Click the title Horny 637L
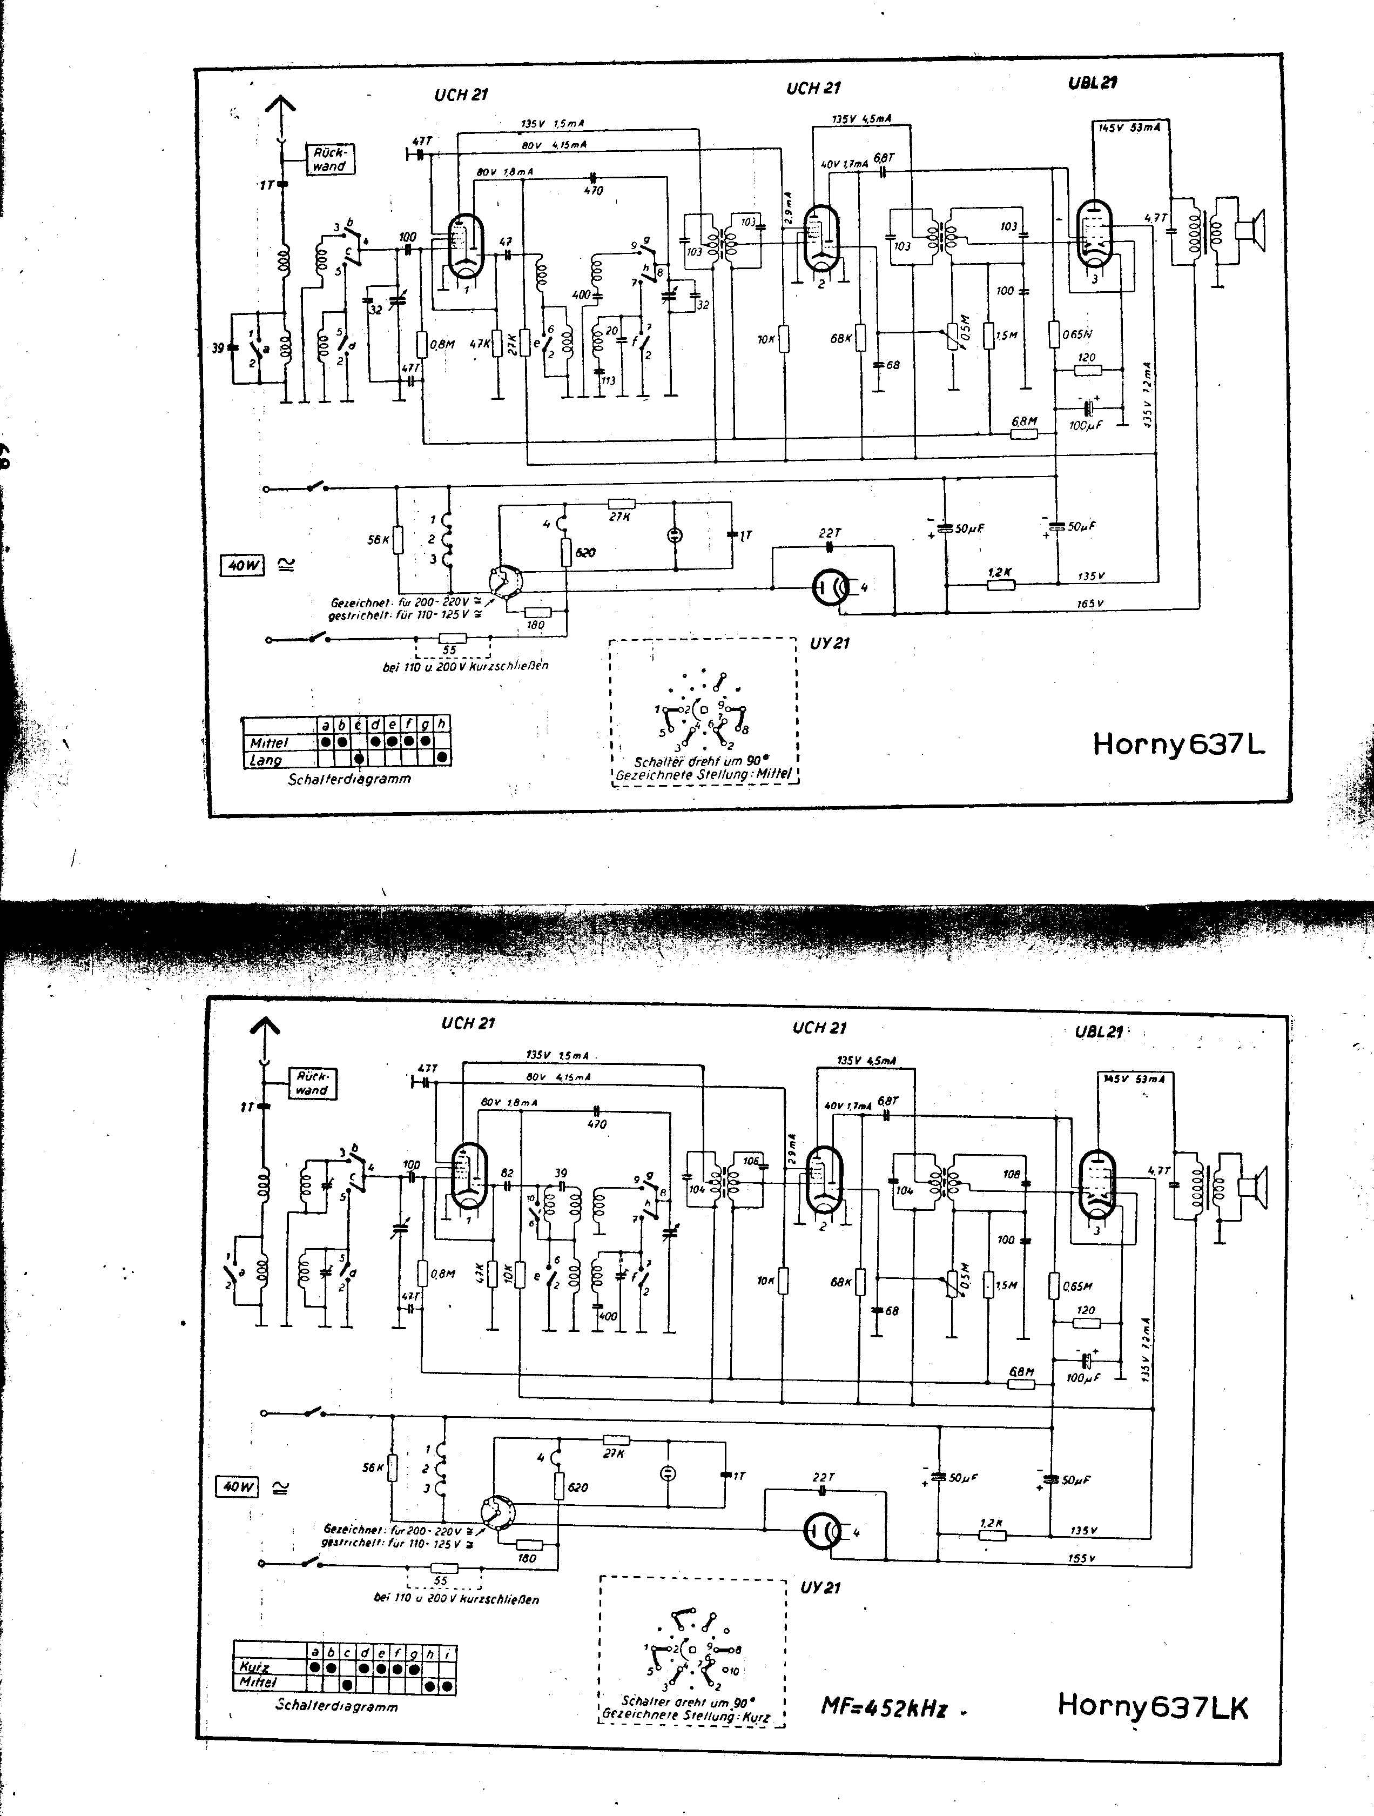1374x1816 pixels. tap(1178, 744)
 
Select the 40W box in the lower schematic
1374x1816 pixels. tap(237, 1486)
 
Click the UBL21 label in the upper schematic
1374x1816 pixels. tap(1093, 82)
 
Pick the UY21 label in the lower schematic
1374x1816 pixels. tap(820, 1587)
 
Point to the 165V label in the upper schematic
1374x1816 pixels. tap(1091, 604)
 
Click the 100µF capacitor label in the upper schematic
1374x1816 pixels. tap(1085, 425)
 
